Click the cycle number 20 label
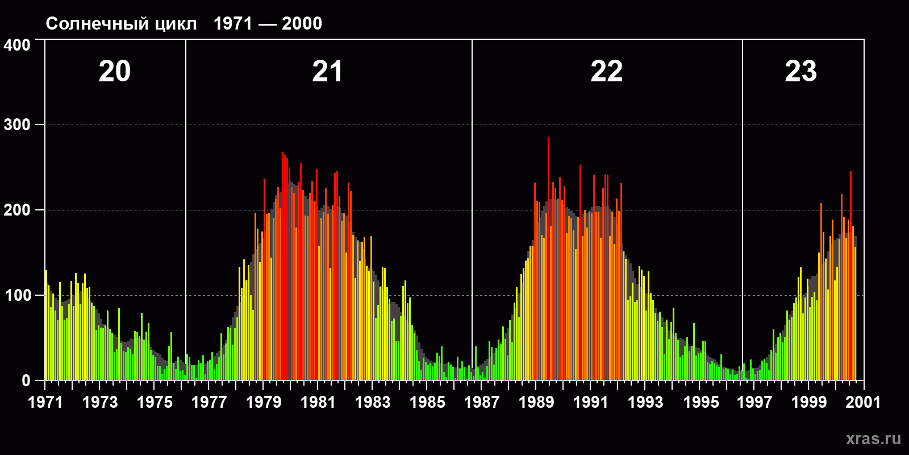[115, 72]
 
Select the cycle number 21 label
[327, 72]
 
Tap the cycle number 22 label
[606, 72]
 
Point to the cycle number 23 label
[800, 72]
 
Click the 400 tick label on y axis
[17, 45]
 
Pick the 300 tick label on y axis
[17, 125]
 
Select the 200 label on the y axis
[17, 210]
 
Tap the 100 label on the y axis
[17, 295]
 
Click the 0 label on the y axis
[26, 380]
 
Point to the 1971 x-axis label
[45, 402]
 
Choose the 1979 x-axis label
[264, 402]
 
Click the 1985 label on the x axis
[427, 402]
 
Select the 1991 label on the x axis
[591, 402]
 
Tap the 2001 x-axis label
[863, 402]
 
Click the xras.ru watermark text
[873, 439]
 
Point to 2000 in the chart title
[302, 24]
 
